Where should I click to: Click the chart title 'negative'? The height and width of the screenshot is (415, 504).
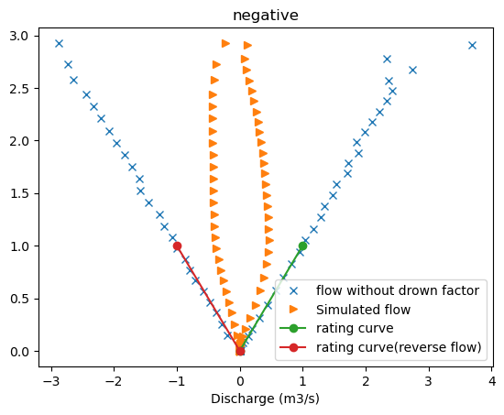point(266,15)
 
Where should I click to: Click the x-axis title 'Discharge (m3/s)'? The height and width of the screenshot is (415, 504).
point(266,399)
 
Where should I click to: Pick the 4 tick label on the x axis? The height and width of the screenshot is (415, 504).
point(491,379)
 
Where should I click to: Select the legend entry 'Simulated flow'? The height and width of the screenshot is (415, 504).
point(367,310)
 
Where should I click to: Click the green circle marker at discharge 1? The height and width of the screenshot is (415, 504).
point(302,246)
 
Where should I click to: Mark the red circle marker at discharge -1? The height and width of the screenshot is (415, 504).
point(177,246)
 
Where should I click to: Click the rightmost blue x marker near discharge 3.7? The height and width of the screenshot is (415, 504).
point(472,45)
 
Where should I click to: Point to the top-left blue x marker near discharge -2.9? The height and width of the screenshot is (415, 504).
point(59,43)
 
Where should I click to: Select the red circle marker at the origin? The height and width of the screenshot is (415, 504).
point(240,351)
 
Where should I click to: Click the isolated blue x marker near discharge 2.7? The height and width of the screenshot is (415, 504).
point(412,70)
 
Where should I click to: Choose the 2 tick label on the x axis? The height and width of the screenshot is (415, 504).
point(366,379)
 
